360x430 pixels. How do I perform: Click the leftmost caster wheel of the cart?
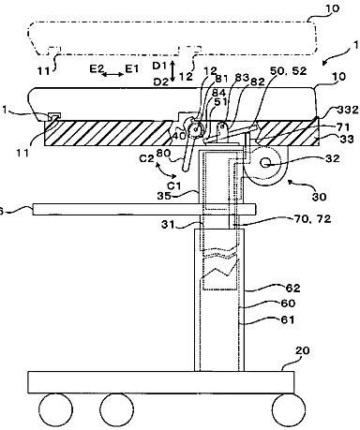[x=55, y=409]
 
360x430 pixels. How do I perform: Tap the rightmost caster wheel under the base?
[x=289, y=409]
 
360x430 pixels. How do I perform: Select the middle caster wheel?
[x=116, y=409]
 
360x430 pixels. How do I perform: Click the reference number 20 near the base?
[x=302, y=350]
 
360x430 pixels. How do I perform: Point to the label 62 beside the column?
[x=293, y=288]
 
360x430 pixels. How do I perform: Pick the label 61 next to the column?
[x=288, y=319]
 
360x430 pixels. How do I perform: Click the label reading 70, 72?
[x=312, y=219]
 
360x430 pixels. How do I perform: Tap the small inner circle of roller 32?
[x=266, y=163]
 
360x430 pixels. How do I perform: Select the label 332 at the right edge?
[x=348, y=110]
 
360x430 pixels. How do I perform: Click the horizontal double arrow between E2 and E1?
[x=112, y=74]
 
